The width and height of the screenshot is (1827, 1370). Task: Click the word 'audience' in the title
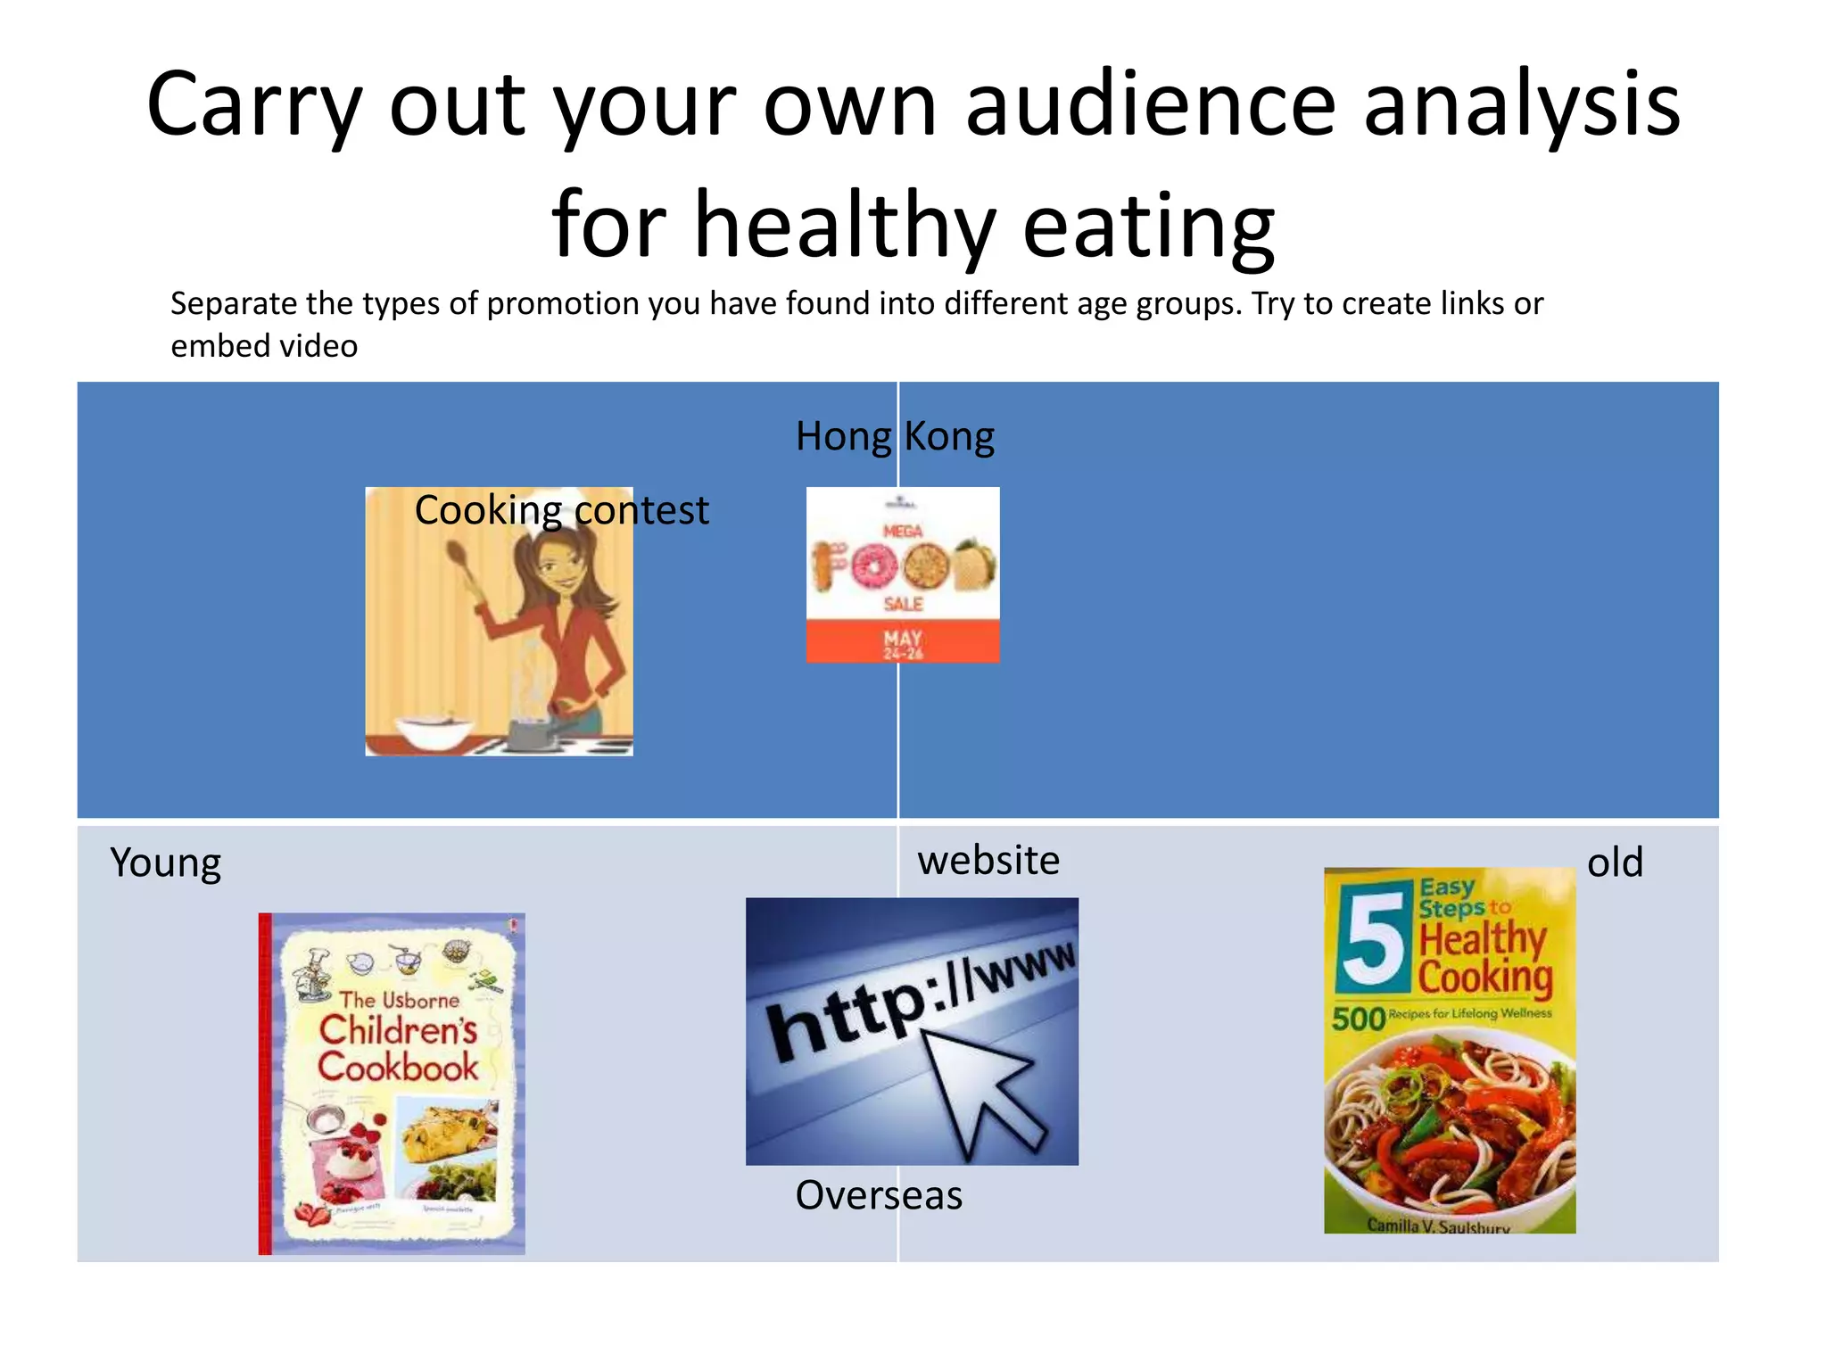point(1150,105)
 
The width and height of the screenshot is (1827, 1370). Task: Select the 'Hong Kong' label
point(895,437)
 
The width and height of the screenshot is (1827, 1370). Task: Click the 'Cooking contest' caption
point(561,511)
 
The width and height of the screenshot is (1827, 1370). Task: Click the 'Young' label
point(166,863)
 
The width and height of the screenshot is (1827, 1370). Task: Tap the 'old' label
point(1615,863)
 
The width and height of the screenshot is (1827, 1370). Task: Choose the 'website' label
point(988,861)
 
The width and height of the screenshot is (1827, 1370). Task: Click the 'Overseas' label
point(879,1195)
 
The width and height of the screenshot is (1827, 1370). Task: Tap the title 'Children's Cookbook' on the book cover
point(398,1049)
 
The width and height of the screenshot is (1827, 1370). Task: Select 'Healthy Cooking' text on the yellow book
point(1484,958)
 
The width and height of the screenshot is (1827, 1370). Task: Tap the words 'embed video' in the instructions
point(264,346)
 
